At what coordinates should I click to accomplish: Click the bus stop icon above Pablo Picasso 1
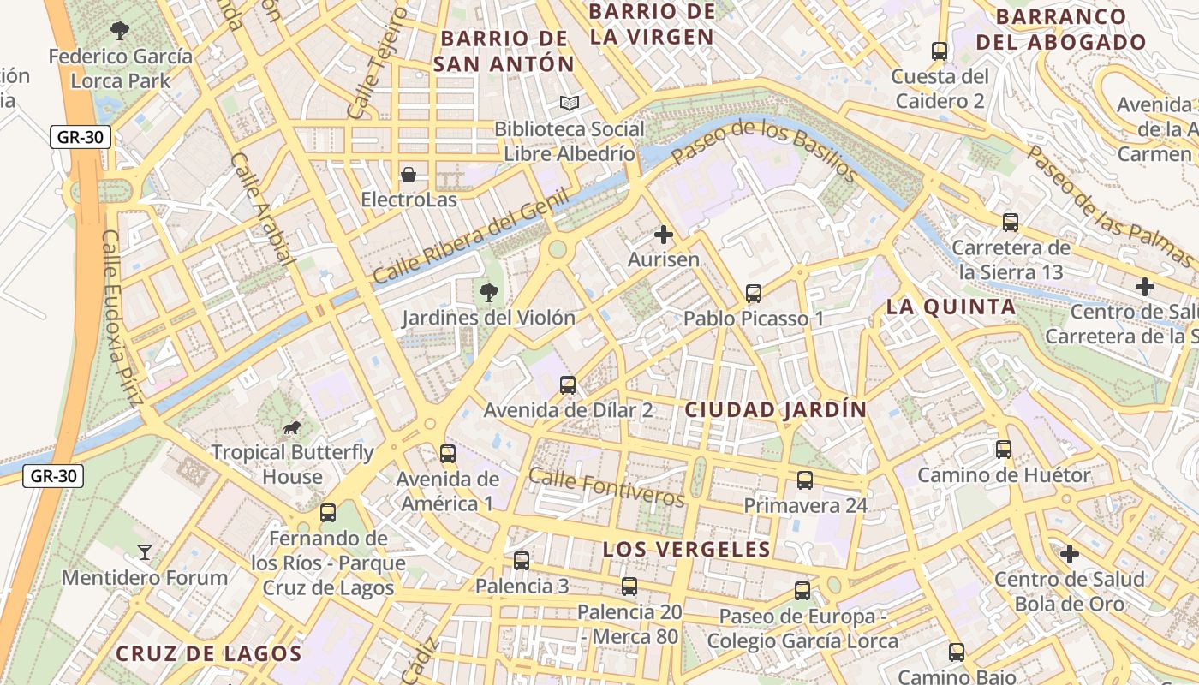tap(754, 294)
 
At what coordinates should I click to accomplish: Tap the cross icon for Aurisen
tap(664, 235)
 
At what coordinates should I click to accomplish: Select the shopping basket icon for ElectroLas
tap(409, 175)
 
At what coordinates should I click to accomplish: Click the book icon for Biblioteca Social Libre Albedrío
tap(570, 104)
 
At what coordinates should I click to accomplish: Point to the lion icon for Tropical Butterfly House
tap(292, 427)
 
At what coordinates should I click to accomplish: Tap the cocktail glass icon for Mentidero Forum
tap(145, 552)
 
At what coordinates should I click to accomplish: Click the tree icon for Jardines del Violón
tap(489, 293)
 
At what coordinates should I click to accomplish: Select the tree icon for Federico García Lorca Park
tap(120, 32)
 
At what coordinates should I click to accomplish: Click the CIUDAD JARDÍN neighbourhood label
tap(776, 410)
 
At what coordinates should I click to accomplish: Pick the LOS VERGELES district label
tap(686, 550)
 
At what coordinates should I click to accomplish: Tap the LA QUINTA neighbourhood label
tap(951, 307)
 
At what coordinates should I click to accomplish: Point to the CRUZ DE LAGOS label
tap(209, 654)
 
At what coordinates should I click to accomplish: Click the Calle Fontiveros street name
tap(607, 486)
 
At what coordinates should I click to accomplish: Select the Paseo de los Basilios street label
tap(764, 151)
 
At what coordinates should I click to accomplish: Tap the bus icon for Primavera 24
tap(805, 480)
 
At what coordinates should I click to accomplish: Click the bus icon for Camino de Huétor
tap(1004, 450)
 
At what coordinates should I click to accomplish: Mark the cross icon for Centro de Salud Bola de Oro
tap(1069, 555)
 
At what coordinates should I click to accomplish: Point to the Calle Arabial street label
tap(262, 209)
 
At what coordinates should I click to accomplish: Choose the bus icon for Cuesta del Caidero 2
tap(940, 51)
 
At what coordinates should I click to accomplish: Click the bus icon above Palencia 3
tap(522, 561)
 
